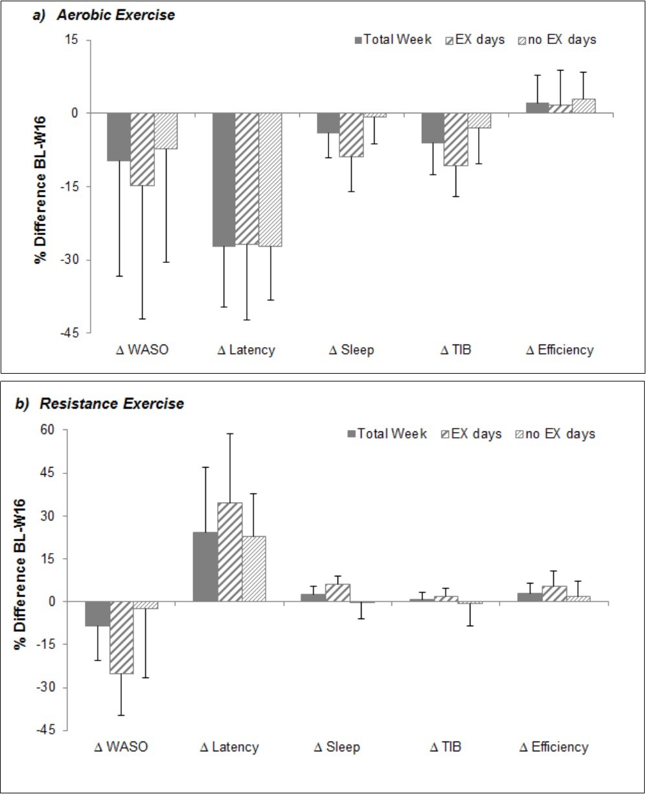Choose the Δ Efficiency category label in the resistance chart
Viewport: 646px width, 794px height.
tap(554, 747)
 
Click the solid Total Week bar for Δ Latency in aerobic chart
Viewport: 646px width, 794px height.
tap(224, 179)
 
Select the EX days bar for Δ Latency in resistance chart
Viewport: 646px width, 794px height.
tap(230, 552)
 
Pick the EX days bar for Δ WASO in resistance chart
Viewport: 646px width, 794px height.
tap(122, 637)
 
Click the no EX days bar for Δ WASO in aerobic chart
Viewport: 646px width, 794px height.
tap(166, 131)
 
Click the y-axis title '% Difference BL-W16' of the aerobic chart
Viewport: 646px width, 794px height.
tap(40, 187)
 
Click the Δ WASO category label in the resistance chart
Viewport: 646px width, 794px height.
tap(122, 747)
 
